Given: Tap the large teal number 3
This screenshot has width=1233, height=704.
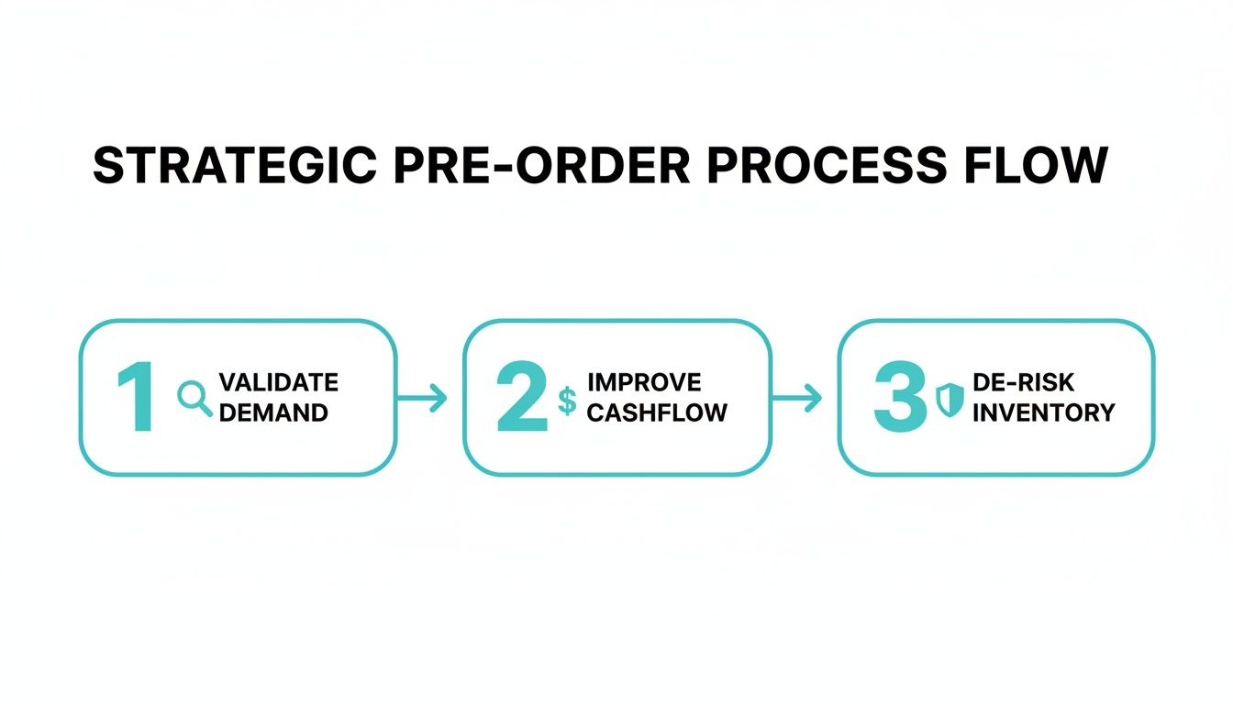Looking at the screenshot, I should (900, 398).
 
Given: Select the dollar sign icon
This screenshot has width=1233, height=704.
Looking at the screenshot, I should (567, 401).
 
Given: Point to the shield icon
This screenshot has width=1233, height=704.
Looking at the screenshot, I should (950, 401).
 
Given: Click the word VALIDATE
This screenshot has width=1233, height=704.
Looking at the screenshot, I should (279, 382).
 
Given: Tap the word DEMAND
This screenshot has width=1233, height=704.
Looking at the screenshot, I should (273, 412).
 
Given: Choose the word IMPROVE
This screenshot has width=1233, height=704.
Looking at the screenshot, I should (644, 382).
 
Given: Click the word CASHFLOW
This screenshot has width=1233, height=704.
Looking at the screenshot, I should (657, 412).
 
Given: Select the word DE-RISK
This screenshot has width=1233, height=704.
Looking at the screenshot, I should (1022, 383).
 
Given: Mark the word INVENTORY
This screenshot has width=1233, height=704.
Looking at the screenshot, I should (1043, 412).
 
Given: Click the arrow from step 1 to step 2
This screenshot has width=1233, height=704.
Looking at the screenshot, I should (423, 398).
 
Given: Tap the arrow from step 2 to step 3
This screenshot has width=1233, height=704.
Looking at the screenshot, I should (797, 398).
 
